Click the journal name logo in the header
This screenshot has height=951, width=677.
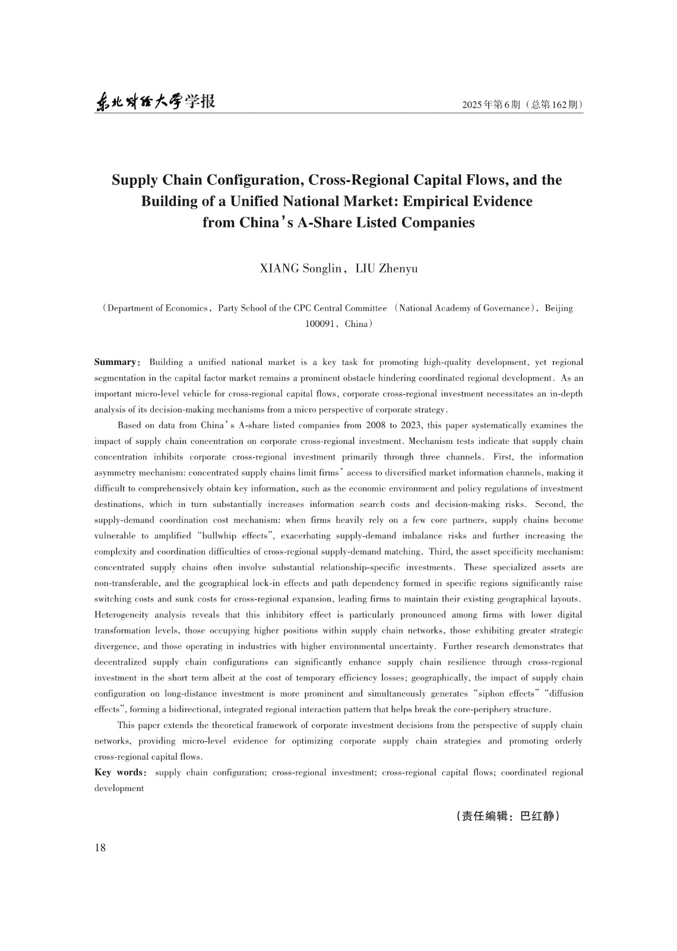pyautogui.click(x=155, y=102)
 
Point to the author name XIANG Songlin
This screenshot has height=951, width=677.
pyautogui.click(x=301, y=269)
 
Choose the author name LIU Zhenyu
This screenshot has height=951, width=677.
pyautogui.click(x=386, y=269)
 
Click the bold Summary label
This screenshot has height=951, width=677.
pyautogui.click(x=115, y=362)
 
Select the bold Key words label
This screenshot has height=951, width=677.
pyautogui.click(x=119, y=772)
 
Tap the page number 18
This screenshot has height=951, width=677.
pyautogui.click(x=100, y=848)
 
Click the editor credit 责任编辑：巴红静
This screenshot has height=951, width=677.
pyautogui.click(x=508, y=816)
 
